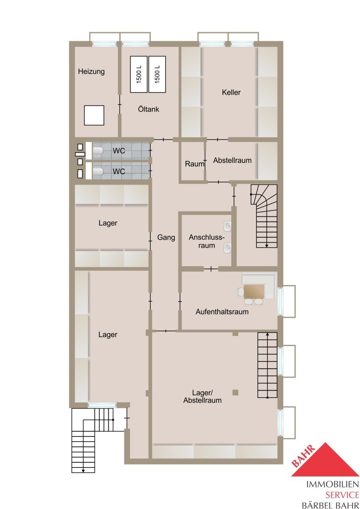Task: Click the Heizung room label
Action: pyautogui.click(x=91, y=72)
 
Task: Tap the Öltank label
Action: pyautogui.click(x=149, y=109)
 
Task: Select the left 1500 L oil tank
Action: pyautogui.click(x=139, y=74)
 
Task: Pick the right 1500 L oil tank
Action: pyautogui.click(x=157, y=74)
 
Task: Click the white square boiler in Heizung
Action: pyautogui.click(x=94, y=115)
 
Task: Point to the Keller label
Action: pyautogui.click(x=231, y=92)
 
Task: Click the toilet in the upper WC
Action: pyautogui.click(x=98, y=150)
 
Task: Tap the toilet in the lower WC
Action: pyautogui.click(x=98, y=171)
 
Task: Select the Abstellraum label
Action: pyautogui.click(x=232, y=160)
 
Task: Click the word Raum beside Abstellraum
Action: pyautogui.click(x=194, y=164)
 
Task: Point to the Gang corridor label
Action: pyautogui.click(x=166, y=238)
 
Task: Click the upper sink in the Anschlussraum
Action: pyautogui.click(x=228, y=226)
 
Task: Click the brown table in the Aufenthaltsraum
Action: pyautogui.click(x=254, y=291)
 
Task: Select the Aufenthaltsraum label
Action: pyautogui.click(x=222, y=311)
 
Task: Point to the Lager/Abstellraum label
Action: pyautogui.click(x=202, y=396)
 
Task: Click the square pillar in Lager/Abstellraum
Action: pyautogui.click(x=235, y=392)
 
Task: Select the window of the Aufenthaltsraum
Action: pyautogui.click(x=281, y=301)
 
